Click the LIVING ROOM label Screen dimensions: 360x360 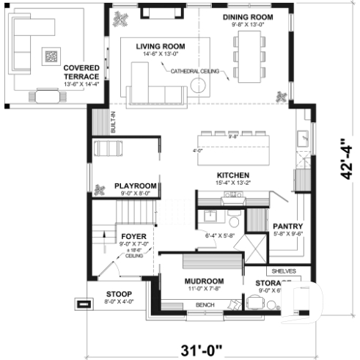click(160, 46)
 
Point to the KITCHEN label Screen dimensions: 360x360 click(234, 175)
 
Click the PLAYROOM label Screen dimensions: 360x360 click(136, 187)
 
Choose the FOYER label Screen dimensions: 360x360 click(134, 236)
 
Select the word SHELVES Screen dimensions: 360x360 click(284, 271)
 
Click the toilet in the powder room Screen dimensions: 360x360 click(233, 221)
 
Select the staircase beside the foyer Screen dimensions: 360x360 click(136, 213)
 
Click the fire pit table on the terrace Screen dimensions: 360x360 click(51, 55)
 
